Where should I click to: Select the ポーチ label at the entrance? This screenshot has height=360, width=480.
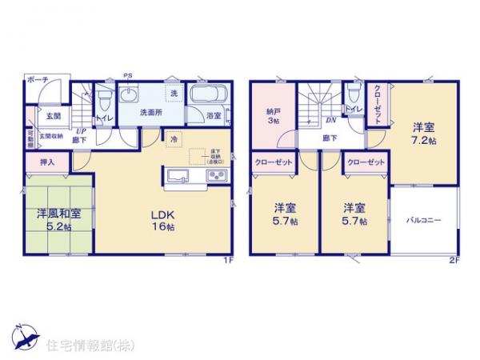tap(38, 80)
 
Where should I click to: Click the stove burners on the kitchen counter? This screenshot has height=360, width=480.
tap(217, 176)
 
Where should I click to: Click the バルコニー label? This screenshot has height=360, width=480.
tap(424, 218)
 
